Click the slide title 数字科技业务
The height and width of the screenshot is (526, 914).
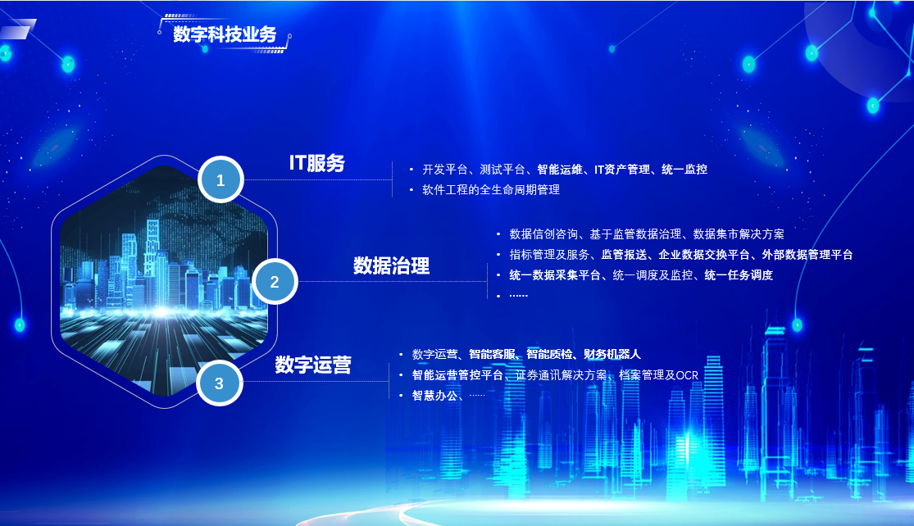tap(225, 34)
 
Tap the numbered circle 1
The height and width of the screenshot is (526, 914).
tap(221, 179)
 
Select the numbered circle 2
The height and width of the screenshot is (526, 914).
tap(275, 281)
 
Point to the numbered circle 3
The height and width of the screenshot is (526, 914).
tap(219, 383)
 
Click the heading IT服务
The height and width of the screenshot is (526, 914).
tap(317, 162)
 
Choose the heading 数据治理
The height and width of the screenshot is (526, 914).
tap(391, 265)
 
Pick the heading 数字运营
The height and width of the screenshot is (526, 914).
tap(313, 365)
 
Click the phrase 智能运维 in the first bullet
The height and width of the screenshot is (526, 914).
tap(560, 170)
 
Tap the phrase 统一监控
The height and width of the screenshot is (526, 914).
tap(684, 170)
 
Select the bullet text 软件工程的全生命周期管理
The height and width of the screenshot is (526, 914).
tap(491, 190)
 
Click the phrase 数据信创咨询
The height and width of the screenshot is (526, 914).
tap(543, 234)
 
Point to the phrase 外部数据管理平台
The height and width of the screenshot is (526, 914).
tap(807, 255)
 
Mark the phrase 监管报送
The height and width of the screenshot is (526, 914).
tap(624, 255)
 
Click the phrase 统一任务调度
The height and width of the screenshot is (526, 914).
tap(739, 275)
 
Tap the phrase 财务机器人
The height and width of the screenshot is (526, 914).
tap(612, 354)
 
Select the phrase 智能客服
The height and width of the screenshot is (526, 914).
tap(492, 354)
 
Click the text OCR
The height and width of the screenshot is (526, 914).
tap(687, 375)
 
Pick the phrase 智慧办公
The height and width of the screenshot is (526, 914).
tap(434, 396)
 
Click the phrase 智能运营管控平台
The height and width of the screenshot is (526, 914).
tap(457, 375)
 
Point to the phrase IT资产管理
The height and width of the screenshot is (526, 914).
tap(622, 170)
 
